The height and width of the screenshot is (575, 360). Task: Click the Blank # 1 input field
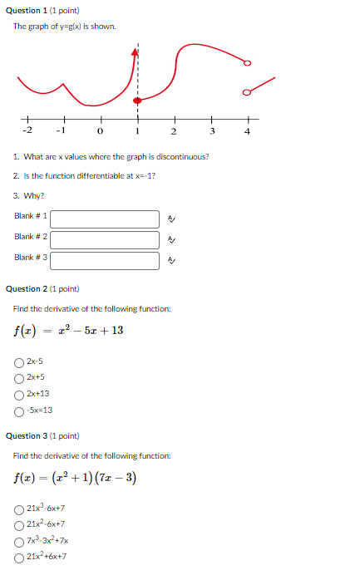pyautogui.click(x=105, y=219)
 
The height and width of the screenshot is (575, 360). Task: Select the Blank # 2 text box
pyautogui.click(x=105, y=240)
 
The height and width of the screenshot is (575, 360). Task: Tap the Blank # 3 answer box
pyautogui.click(x=105, y=261)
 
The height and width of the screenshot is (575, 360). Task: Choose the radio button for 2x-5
pyautogui.click(x=19, y=361)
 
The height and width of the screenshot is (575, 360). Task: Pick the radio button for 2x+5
pyautogui.click(x=19, y=377)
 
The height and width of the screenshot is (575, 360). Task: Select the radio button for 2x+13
pyautogui.click(x=19, y=394)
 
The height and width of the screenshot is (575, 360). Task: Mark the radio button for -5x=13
pyautogui.click(x=19, y=410)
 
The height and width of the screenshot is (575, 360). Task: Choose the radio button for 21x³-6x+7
pyautogui.click(x=19, y=508)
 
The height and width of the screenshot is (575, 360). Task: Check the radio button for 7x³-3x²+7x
pyautogui.click(x=19, y=540)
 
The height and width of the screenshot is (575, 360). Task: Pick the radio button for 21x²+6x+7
pyautogui.click(x=19, y=557)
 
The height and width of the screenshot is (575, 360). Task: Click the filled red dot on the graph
pyautogui.click(x=137, y=101)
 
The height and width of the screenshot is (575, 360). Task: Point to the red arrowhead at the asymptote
pyautogui.click(x=135, y=52)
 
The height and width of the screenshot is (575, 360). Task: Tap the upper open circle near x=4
pyautogui.click(x=246, y=63)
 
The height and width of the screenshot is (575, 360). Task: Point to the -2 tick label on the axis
pyautogui.click(x=27, y=130)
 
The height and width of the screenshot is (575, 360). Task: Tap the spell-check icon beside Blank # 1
pyautogui.click(x=171, y=219)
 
